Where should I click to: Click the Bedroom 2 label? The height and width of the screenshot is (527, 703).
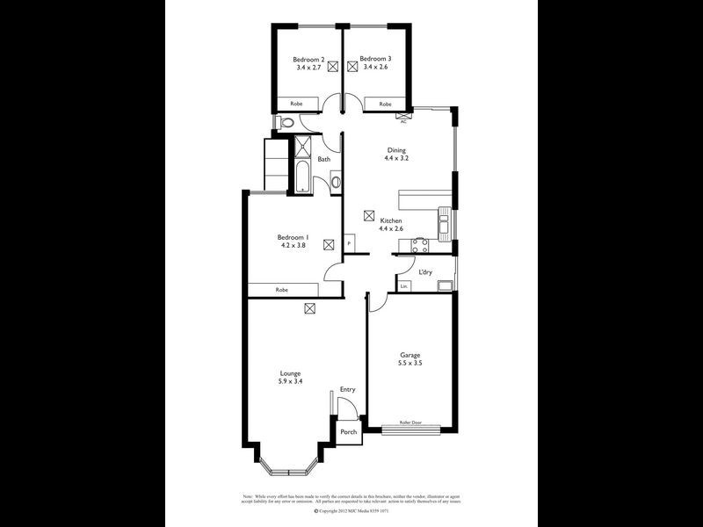(309, 59)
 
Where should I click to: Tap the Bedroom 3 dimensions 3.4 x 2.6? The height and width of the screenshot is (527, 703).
(375, 67)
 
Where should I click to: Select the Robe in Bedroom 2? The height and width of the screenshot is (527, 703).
(297, 104)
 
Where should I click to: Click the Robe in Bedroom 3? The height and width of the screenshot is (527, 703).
(385, 104)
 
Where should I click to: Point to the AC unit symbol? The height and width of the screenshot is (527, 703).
(403, 116)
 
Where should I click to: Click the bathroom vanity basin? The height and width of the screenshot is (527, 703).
(335, 183)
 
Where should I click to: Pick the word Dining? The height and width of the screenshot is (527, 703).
(397, 150)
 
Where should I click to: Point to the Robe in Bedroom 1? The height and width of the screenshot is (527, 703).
(282, 290)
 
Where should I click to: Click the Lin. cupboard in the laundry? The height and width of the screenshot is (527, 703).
(404, 287)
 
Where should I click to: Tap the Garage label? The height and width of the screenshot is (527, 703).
(410, 355)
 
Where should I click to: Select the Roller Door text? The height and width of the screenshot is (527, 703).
(410, 423)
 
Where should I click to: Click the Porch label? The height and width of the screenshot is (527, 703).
(349, 432)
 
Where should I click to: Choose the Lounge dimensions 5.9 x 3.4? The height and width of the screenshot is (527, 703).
(290, 382)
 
